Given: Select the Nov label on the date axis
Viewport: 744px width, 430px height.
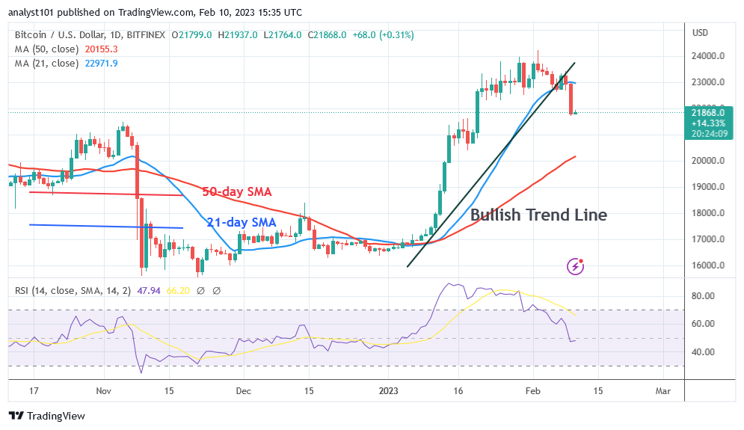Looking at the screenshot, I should [103, 390].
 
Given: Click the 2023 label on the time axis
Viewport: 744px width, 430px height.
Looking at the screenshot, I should [387, 390].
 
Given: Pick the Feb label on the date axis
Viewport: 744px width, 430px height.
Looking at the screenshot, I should [532, 390].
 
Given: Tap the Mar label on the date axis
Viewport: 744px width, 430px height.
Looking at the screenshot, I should [662, 390].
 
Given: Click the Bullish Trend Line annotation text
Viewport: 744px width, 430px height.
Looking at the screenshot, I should [538, 215].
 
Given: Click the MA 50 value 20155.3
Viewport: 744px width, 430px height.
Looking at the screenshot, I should [101, 49].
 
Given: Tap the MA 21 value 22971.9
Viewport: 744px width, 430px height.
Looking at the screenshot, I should [101, 63].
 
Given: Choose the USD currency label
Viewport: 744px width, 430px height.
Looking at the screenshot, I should [700, 32].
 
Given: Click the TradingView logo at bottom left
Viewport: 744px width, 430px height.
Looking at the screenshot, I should [47, 416].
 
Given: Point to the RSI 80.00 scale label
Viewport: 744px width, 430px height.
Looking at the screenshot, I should [704, 296].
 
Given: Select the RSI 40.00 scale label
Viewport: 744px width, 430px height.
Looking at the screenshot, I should [704, 352].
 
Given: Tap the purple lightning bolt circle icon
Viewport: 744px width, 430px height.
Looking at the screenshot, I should [576, 265].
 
